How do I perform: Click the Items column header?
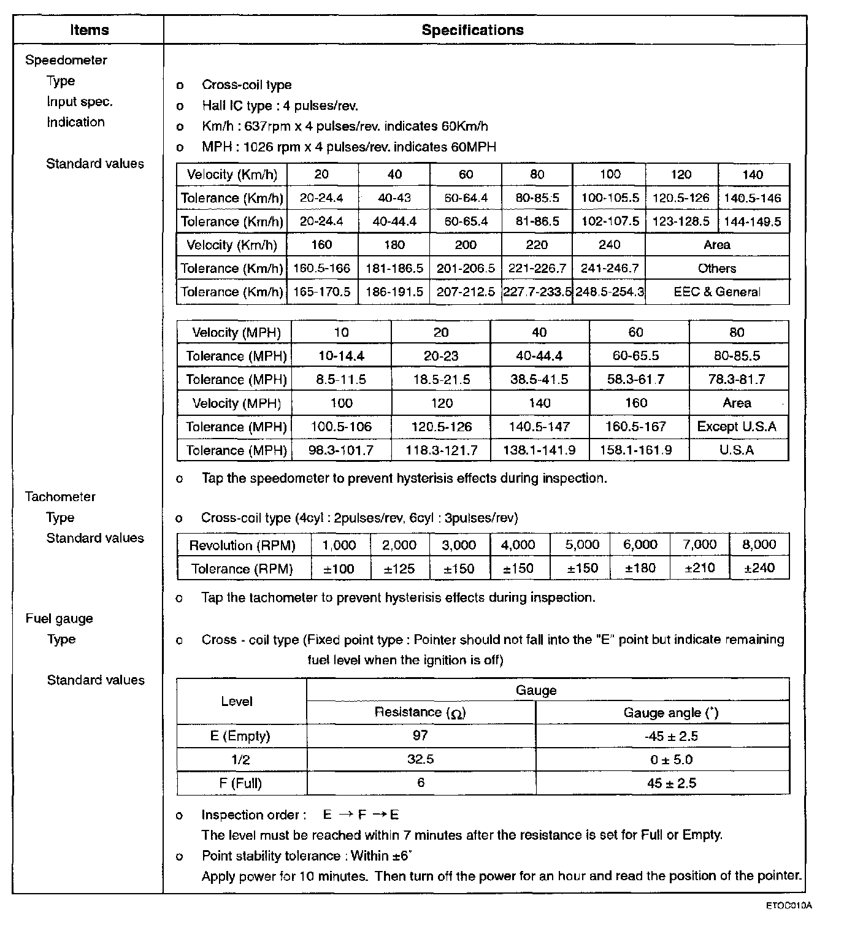[x=89, y=30]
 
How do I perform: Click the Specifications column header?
[x=472, y=30]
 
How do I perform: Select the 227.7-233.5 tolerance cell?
[x=537, y=292]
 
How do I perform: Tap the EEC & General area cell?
[x=716, y=292]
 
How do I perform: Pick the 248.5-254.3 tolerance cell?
[x=609, y=292]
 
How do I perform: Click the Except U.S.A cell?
[x=737, y=426]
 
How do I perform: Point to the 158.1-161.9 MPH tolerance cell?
[x=636, y=450]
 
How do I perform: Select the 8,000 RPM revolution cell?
[x=759, y=545]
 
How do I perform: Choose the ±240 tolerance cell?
[x=759, y=568]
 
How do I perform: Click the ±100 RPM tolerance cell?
[x=339, y=569]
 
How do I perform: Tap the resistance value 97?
[x=420, y=735]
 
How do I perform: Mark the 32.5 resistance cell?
[x=420, y=759]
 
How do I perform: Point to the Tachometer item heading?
[x=60, y=497]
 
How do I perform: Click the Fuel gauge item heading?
[x=59, y=618]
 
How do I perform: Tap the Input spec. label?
[x=80, y=101]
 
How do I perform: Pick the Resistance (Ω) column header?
[x=420, y=712]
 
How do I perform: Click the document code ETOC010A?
[x=788, y=905]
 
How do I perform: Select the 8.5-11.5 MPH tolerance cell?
[x=341, y=380]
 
